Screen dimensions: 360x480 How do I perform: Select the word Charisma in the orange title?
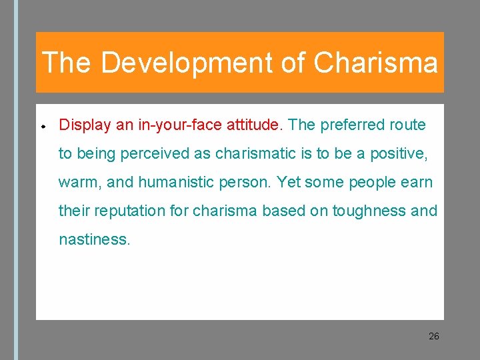point(375,63)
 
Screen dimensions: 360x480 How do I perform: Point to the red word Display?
point(82,125)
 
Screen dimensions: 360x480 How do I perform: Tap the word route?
point(408,125)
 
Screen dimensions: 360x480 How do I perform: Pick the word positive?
point(398,153)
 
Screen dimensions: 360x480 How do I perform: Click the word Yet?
point(289,182)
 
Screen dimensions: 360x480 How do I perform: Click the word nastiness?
point(94,239)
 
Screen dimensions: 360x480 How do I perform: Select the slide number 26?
point(433,336)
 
